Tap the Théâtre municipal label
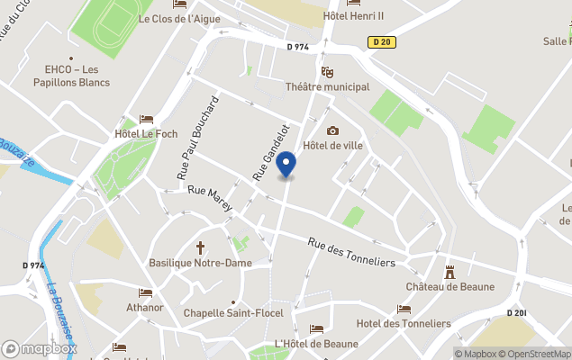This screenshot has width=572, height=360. [327, 87]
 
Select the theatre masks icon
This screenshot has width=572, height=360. [327, 72]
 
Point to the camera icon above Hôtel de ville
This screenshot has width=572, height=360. [332, 130]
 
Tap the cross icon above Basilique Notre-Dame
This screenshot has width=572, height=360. [201, 247]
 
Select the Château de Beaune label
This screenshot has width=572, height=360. [449, 287]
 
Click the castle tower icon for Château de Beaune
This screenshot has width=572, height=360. [449, 272]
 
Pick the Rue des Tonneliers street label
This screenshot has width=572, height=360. [351, 251]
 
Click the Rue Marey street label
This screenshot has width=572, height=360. [210, 199]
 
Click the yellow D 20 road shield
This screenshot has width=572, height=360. [382, 41]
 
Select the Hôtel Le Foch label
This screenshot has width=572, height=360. [146, 135]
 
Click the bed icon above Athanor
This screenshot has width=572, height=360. [145, 292]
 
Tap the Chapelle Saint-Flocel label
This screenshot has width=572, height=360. [233, 313]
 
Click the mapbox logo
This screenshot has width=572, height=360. [40, 348]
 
